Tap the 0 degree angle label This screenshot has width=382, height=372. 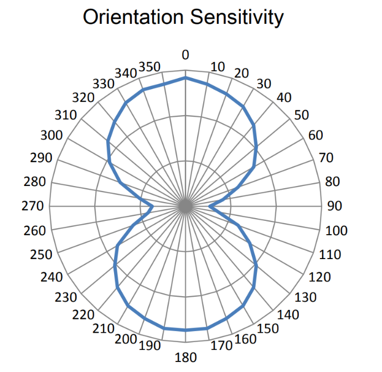click(185, 55)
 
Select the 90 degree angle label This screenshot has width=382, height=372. click(335, 206)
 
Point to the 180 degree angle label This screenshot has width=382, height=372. click(185, 357)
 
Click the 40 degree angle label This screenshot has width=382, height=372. click(284, 97)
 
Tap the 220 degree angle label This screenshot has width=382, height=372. click(84, 315)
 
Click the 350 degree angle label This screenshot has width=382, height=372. click(149, 67)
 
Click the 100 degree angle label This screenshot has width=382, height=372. click(336, 230)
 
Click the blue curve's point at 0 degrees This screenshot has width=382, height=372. click(185, 78)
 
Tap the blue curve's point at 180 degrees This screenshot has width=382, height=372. click(185, 330)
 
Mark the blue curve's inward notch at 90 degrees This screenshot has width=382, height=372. click(209, 206)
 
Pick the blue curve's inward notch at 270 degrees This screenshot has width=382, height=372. click(153, 206)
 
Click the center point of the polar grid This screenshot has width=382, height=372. click(185, 206)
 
